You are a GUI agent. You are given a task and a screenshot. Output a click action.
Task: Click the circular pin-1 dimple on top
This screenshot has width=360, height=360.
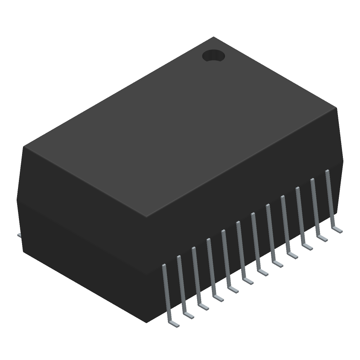(213, 56)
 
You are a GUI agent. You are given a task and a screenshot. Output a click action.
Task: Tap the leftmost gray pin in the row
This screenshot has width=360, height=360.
(166, 292)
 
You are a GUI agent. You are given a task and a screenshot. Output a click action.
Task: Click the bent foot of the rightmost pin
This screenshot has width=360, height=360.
(337, 229)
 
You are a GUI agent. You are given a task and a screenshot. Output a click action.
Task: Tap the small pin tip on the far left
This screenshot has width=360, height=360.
(19, 235)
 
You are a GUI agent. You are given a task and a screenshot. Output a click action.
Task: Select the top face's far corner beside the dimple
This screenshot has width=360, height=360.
(213, 37)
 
